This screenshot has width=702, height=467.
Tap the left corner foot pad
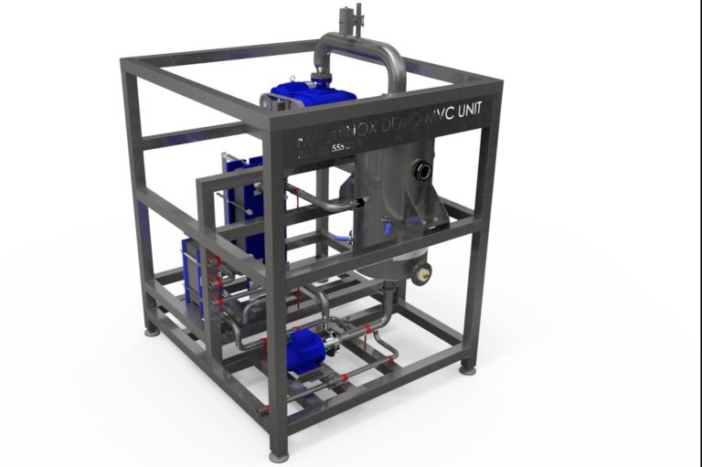(151, 329)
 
